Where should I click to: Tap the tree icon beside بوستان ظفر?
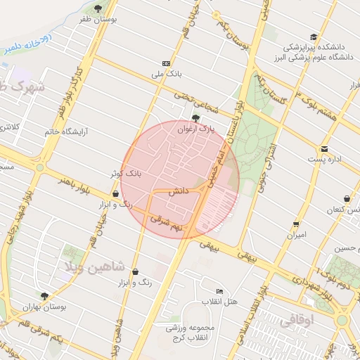pyautogui.click(x=98, y=9)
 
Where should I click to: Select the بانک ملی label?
pyautogui.click(x=167, y=72)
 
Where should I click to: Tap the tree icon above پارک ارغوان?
pyautogui.click(x=195, y=118)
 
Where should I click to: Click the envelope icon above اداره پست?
pyautogui.click(x=324, y=148)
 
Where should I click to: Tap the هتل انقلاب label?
pyautogui.click(x=220, y=302)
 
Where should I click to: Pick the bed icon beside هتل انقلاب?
pyautogui.click(x=220, y=291)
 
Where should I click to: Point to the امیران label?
pyautogui.click(x=296, y=235)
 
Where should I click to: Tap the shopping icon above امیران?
pyautogui.click(x=296, y=224)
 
